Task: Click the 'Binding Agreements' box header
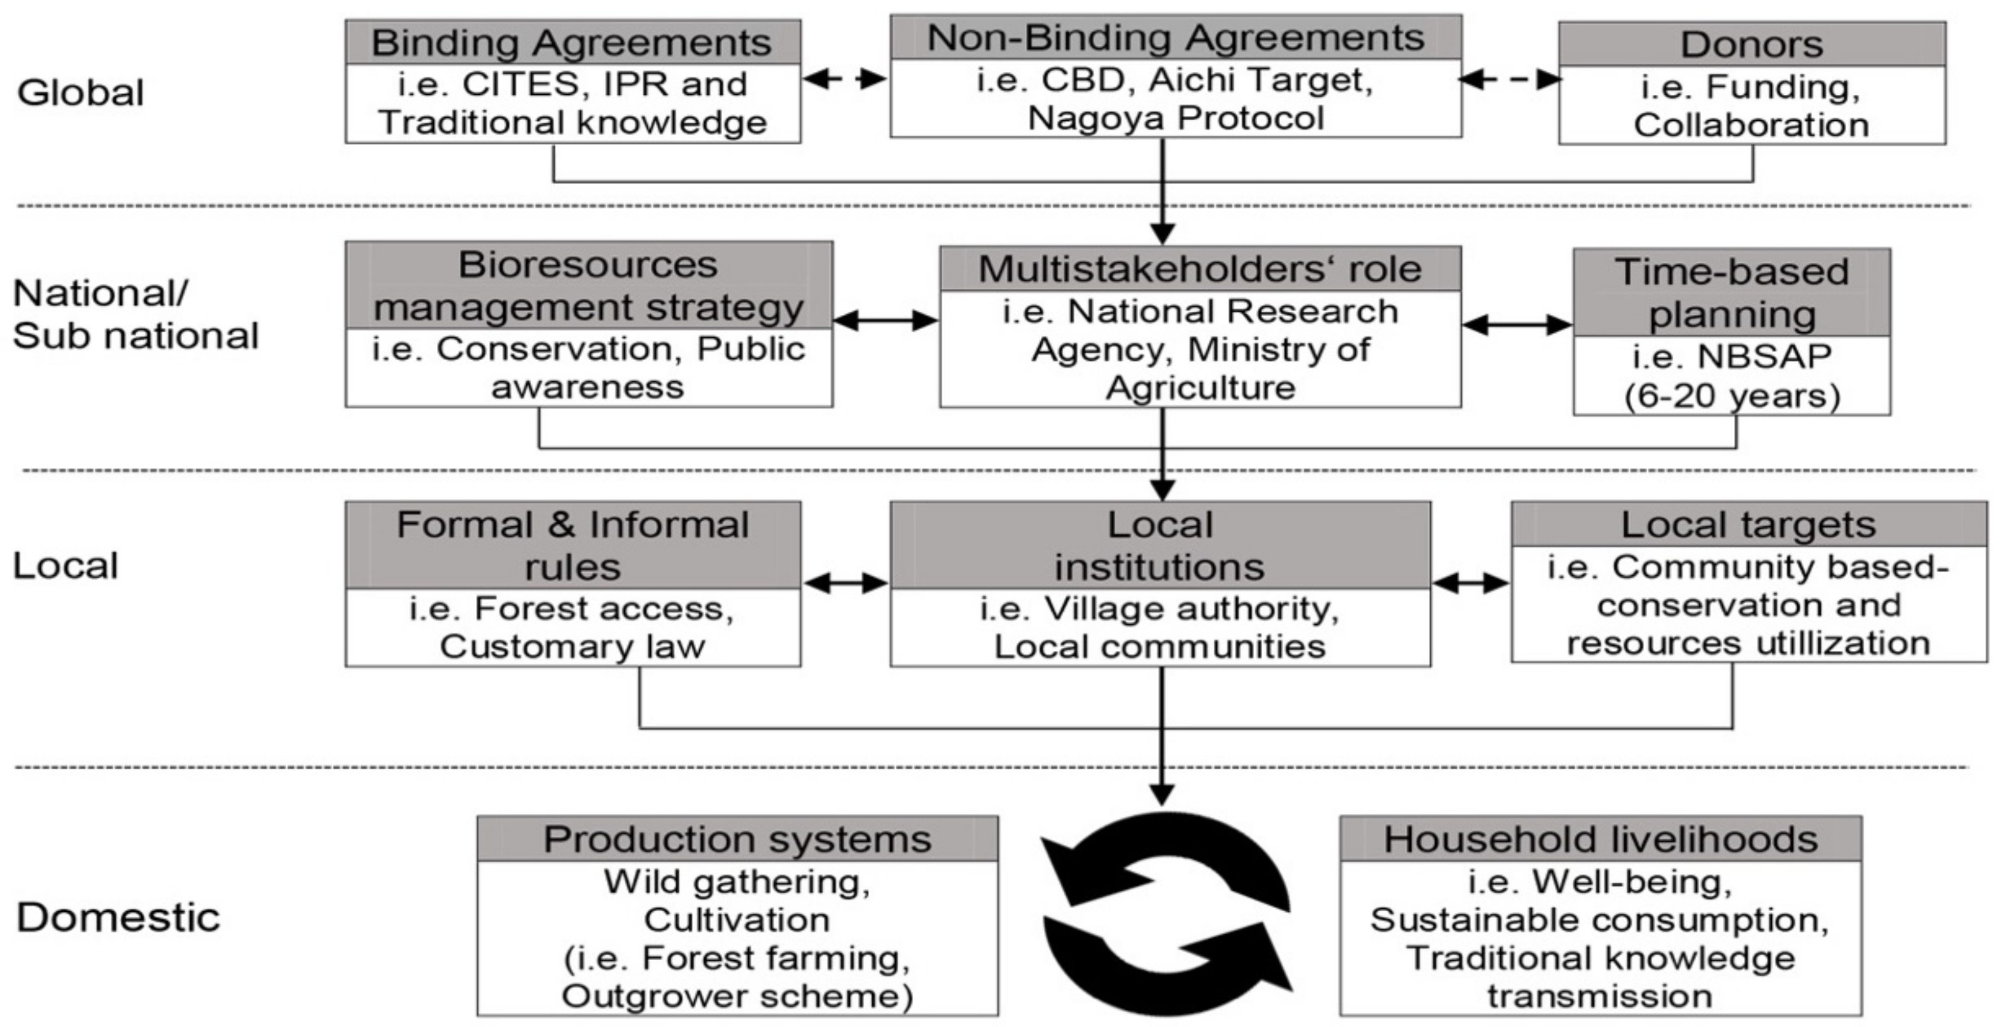[x=572, y=42]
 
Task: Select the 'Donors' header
[x=1751, y=45]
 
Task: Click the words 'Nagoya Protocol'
[x=1176, y=118]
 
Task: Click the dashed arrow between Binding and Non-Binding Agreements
[x=845, y=78]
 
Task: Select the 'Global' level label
[x=80, y=93]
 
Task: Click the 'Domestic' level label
[x=118, y=918]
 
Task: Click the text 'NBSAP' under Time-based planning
[x=1764, y=356]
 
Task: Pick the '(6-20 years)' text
[x=1732, y=396]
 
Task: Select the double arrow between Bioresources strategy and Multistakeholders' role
[x=886, y=320]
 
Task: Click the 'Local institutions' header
[x=1159, y=545]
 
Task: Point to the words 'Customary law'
[x=573, y=646]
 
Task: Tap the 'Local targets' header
[x=1748, y=524]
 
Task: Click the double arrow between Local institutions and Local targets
[x=1470, y=583]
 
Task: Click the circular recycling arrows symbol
[x=1166, y=913]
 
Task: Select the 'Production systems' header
[x=737, y=839]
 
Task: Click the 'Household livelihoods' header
[x=1600, y=839]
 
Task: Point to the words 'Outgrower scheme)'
[x=737, y=996]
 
